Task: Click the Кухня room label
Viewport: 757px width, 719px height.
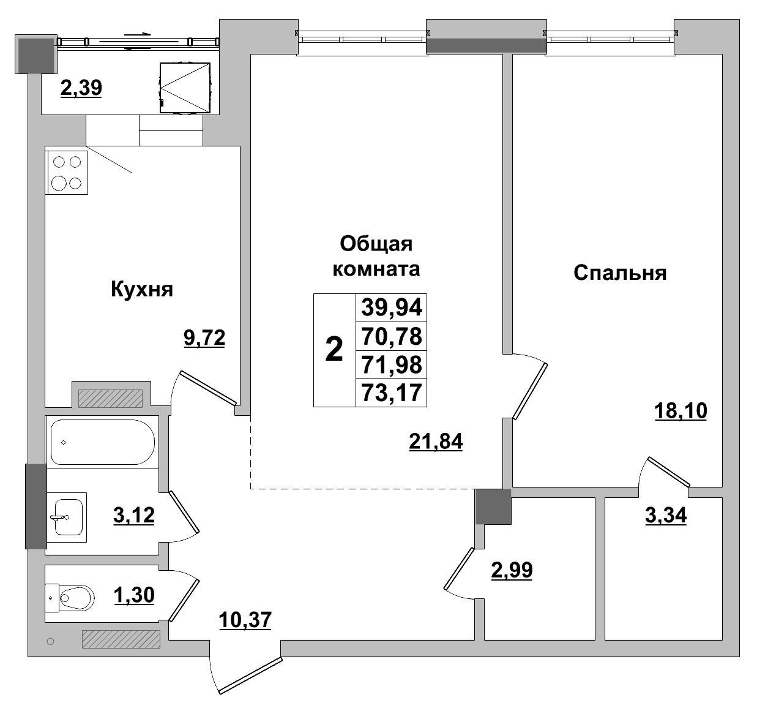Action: pyautogui.click(x=141, y=289)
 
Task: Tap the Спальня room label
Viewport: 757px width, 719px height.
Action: pyautogui.click(x=619, y=273)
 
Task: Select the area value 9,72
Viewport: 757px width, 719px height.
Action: pyautogui.click(x=204, y=337)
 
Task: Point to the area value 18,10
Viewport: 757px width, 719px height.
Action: pyautogui.click(x=680, y=411)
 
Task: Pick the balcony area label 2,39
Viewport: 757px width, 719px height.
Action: pyautogui.click(x=81, y=89)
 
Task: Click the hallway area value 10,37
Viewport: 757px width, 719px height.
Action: pyautogui.click(x=245, y=620)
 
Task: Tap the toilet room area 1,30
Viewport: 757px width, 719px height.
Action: pyautogui.click(x=133, y=594)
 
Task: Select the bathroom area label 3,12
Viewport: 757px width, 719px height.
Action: pyautogui.click(x=133, y=516)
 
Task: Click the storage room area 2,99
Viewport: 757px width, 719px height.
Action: pyautogui.click(x=512, y=570)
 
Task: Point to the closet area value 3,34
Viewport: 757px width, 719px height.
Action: pyautogui.click(x=666, y=516)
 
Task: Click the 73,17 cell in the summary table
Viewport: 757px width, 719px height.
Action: pyautogui.click(x=392, y=393)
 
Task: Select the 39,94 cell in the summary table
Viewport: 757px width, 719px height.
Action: pyautogui.click(x=392, y=307)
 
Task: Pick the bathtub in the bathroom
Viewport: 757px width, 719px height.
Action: pyautogui.click(x=102, y=442)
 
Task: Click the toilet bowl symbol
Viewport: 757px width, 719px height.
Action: pyautogui.click(x=75, y=595)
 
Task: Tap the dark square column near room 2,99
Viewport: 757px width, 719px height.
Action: pyautogui.click(x=493, y=507)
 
